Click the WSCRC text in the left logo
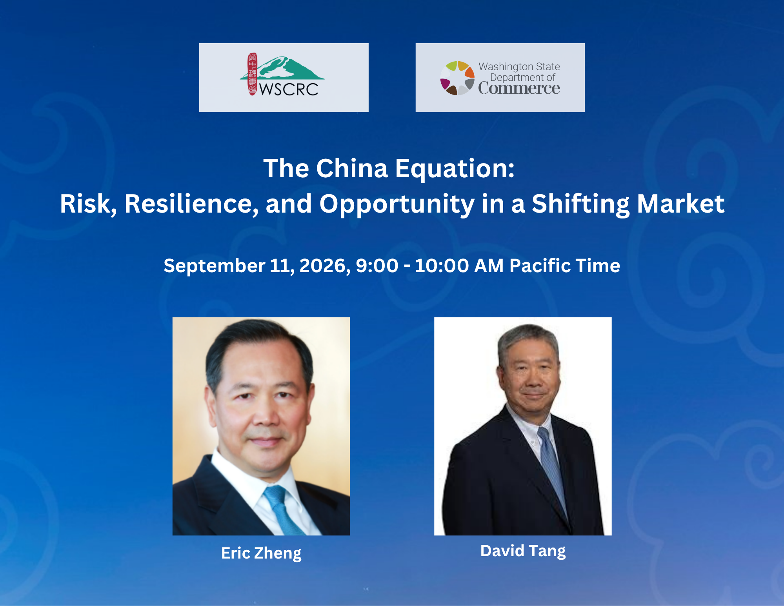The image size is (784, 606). [289, 89]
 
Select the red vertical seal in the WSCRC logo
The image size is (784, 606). [252, 74]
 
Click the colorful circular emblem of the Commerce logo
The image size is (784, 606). [457, 78]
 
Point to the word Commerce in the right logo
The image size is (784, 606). [519, 88]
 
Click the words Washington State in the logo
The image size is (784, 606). [519, 66]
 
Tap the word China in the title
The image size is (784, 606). [352, 169]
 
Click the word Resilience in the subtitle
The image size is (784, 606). [191, 204]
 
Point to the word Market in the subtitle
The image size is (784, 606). [680, 204]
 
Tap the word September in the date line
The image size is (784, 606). [214, 266]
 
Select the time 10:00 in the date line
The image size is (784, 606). [442, 266]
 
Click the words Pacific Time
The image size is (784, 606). [565, 266]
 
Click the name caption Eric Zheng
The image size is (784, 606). [261, 553]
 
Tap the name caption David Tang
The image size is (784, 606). [523, 551]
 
